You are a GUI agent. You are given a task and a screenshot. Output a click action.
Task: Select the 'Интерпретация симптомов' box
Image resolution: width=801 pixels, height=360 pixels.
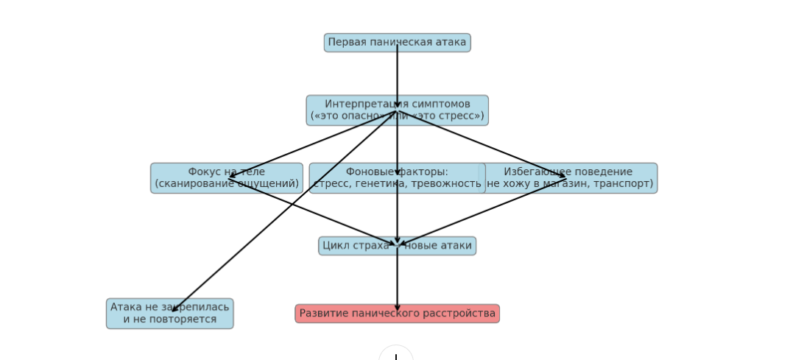coord(442,110)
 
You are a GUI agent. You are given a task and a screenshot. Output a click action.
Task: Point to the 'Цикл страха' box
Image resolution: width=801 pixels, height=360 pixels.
coord(353,246)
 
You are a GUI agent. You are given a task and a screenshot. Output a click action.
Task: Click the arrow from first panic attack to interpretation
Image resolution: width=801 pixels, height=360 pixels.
coord(398,74)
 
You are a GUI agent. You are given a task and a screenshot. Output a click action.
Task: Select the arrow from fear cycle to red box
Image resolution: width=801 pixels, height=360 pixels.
coord(398,280)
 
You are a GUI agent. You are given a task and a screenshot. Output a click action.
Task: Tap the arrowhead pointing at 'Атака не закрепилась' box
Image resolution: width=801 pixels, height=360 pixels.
coord(174,310)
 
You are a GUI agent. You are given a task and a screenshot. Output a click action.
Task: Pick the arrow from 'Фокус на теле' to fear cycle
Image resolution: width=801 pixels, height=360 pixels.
coord(309,211)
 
